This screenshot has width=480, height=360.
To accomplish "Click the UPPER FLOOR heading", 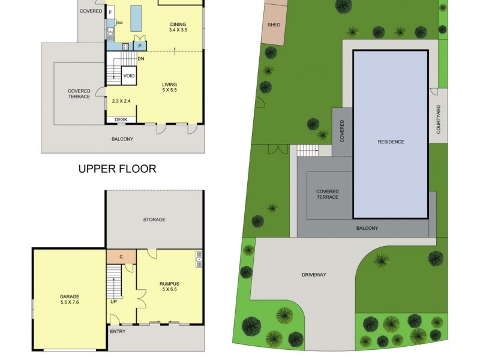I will [x=117, y=169].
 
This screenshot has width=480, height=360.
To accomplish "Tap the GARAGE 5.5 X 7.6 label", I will [x=69, y=299].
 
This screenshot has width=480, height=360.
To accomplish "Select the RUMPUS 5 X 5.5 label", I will [x=169, y=287].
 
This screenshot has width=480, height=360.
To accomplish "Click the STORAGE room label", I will [x=154, y=220].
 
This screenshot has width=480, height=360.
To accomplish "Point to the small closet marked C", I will [x=121, y=257].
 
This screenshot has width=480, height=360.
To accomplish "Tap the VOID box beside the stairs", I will [x=128, y=76].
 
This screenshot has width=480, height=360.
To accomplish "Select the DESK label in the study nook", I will [x=121, y=119].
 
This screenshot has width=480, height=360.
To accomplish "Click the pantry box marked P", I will [x=139, y=46].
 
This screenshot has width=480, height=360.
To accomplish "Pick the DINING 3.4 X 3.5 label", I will [x=179, y=26].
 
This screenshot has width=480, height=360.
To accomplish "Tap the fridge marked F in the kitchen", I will [x=110, y=12].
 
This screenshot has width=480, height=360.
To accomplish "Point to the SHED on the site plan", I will [x=274, y=25].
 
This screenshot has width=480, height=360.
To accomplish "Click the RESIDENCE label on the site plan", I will [x=391, y=142].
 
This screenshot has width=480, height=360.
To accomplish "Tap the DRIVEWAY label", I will [x=313, y=275].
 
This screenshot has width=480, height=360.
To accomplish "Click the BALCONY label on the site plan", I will [x=367, y=228].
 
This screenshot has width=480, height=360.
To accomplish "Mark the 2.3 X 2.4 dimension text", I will [x=121, y=101].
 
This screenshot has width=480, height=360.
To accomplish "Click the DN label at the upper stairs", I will [x=140, y=59].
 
